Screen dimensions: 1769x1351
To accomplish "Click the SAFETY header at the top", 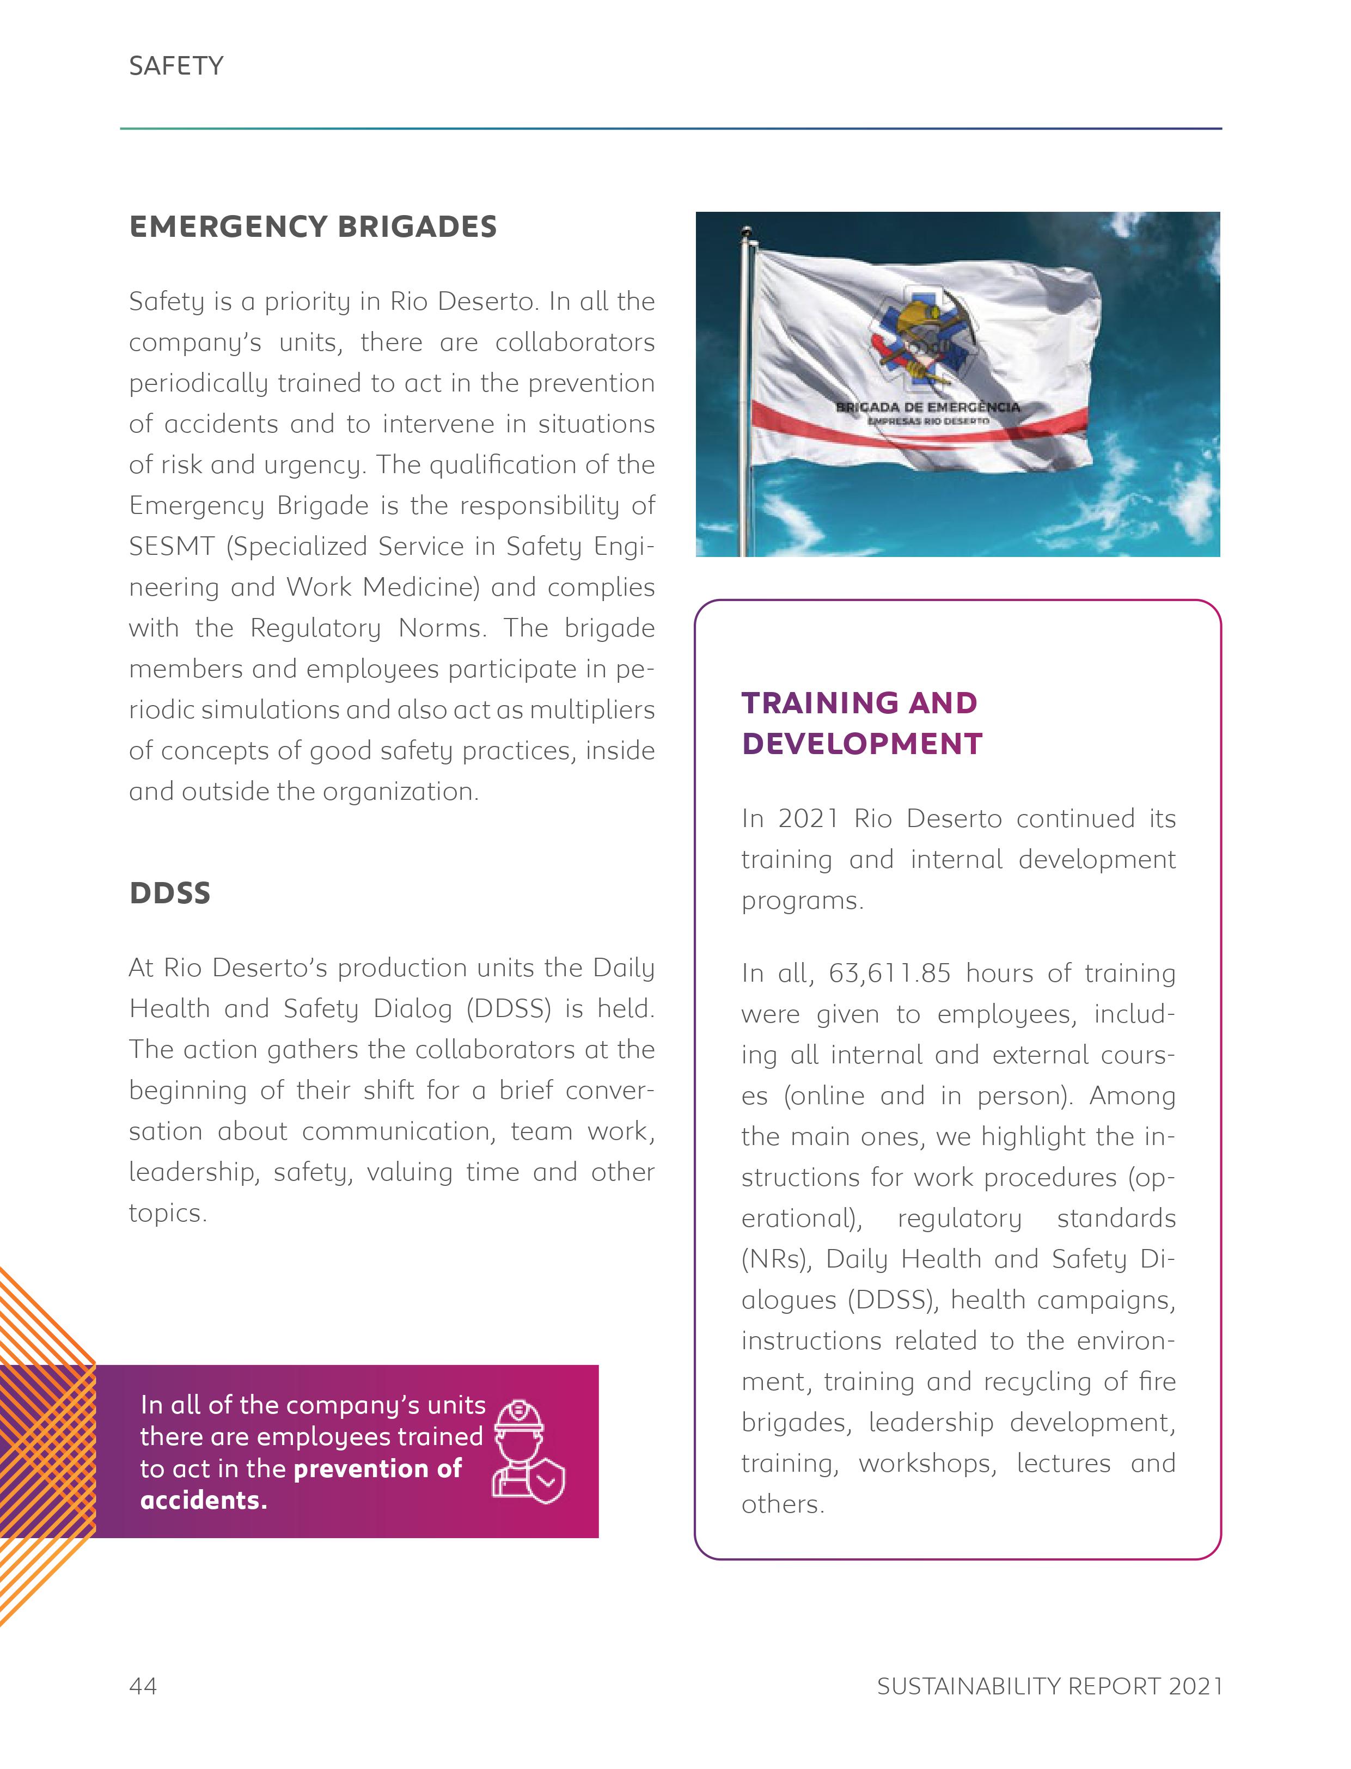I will tap(176, 66).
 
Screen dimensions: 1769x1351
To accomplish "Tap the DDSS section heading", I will tap(170, 893).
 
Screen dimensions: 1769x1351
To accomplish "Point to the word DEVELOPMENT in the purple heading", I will tap(862, 744).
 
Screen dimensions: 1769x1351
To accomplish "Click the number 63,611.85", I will tap(889, 974).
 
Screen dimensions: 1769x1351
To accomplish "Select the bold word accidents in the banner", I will tap(203, 1501).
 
